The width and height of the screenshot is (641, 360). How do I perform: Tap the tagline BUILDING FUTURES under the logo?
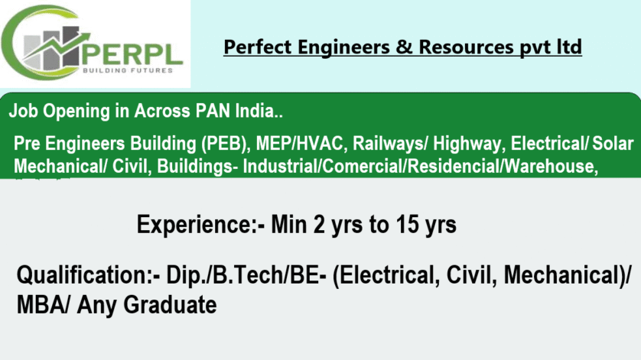[128, 70]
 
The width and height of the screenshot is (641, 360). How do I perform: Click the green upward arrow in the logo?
[57, 46]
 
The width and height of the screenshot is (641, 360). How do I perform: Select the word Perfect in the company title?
[258, 47]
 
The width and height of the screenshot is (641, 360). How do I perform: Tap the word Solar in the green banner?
[613, 144]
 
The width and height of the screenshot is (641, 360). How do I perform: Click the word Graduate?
[170, 305]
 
